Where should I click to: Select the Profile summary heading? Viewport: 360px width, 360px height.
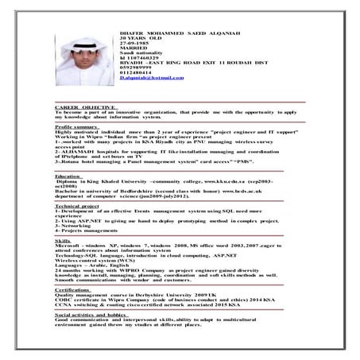tap(76, 126)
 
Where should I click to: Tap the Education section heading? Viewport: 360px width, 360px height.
tap(68, 176)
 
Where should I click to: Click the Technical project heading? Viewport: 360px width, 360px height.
tap(77, 205)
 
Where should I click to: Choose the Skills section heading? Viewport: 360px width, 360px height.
tap(63, 238)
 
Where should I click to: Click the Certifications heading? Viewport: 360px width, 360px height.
tap(73, 290)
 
